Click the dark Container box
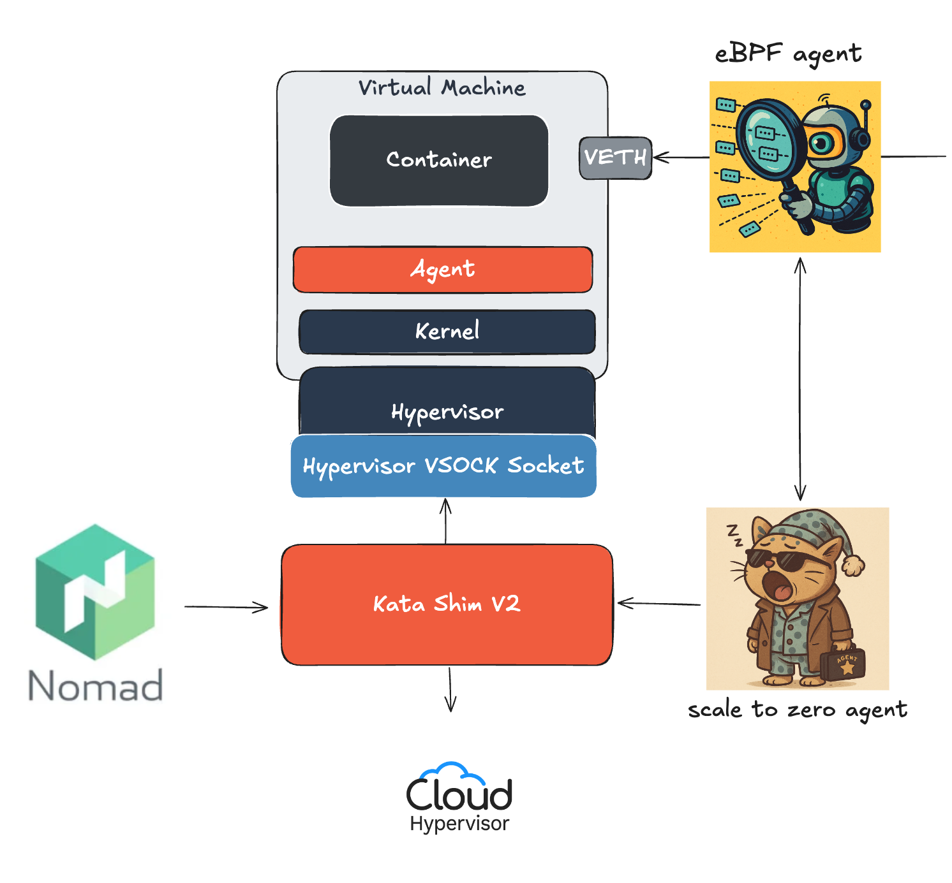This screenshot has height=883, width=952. click(x=439, y=161)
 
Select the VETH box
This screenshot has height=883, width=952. click(x=615, y=157)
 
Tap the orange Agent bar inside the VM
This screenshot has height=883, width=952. click(x=443, y=270)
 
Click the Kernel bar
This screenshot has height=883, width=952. click(x=447, y=332)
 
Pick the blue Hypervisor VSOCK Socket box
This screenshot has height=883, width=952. click(x=443, y=466)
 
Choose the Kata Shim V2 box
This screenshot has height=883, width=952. click(x=447, y=604)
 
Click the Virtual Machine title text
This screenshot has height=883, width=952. click(x=442, y=87)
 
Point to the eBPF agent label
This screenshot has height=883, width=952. click(x=788, y=54)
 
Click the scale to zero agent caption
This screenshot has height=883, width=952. click(x=798, y=710)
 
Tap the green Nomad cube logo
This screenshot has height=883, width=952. click(x=95, y=592)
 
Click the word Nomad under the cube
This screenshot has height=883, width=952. click(x=96, y=686)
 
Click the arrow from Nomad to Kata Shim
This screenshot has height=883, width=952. click(x=227, y=607)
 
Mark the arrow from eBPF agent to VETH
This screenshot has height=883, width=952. click(x=681, y=157)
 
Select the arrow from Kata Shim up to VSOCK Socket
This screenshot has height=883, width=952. click(x=445, y=521)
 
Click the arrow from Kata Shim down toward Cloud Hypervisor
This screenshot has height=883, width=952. click(x=450, y=689)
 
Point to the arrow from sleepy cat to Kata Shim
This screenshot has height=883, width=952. click(x=658, y=603)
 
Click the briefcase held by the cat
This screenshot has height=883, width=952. click(x=843, y=664)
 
